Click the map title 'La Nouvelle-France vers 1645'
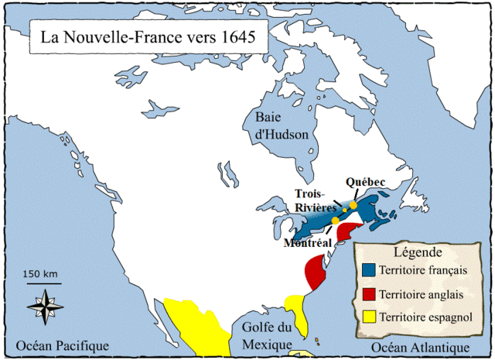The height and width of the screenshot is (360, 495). [x=143, y=36]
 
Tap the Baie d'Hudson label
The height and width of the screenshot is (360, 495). [x=282, y=125]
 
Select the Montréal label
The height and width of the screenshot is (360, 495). [x=309, y=242]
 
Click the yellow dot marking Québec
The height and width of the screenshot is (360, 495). [x=353, y=205]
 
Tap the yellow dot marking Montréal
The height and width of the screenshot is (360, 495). [x=335, y=221]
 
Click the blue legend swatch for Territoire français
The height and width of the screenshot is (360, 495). [x=367, y=270]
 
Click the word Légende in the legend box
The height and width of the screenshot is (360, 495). [x=418, y=252]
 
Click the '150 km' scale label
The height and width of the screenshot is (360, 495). [x=41, y=274]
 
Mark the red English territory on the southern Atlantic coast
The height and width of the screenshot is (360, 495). [x=316, y=272]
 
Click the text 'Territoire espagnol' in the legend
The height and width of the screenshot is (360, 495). [x=428, y=317]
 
